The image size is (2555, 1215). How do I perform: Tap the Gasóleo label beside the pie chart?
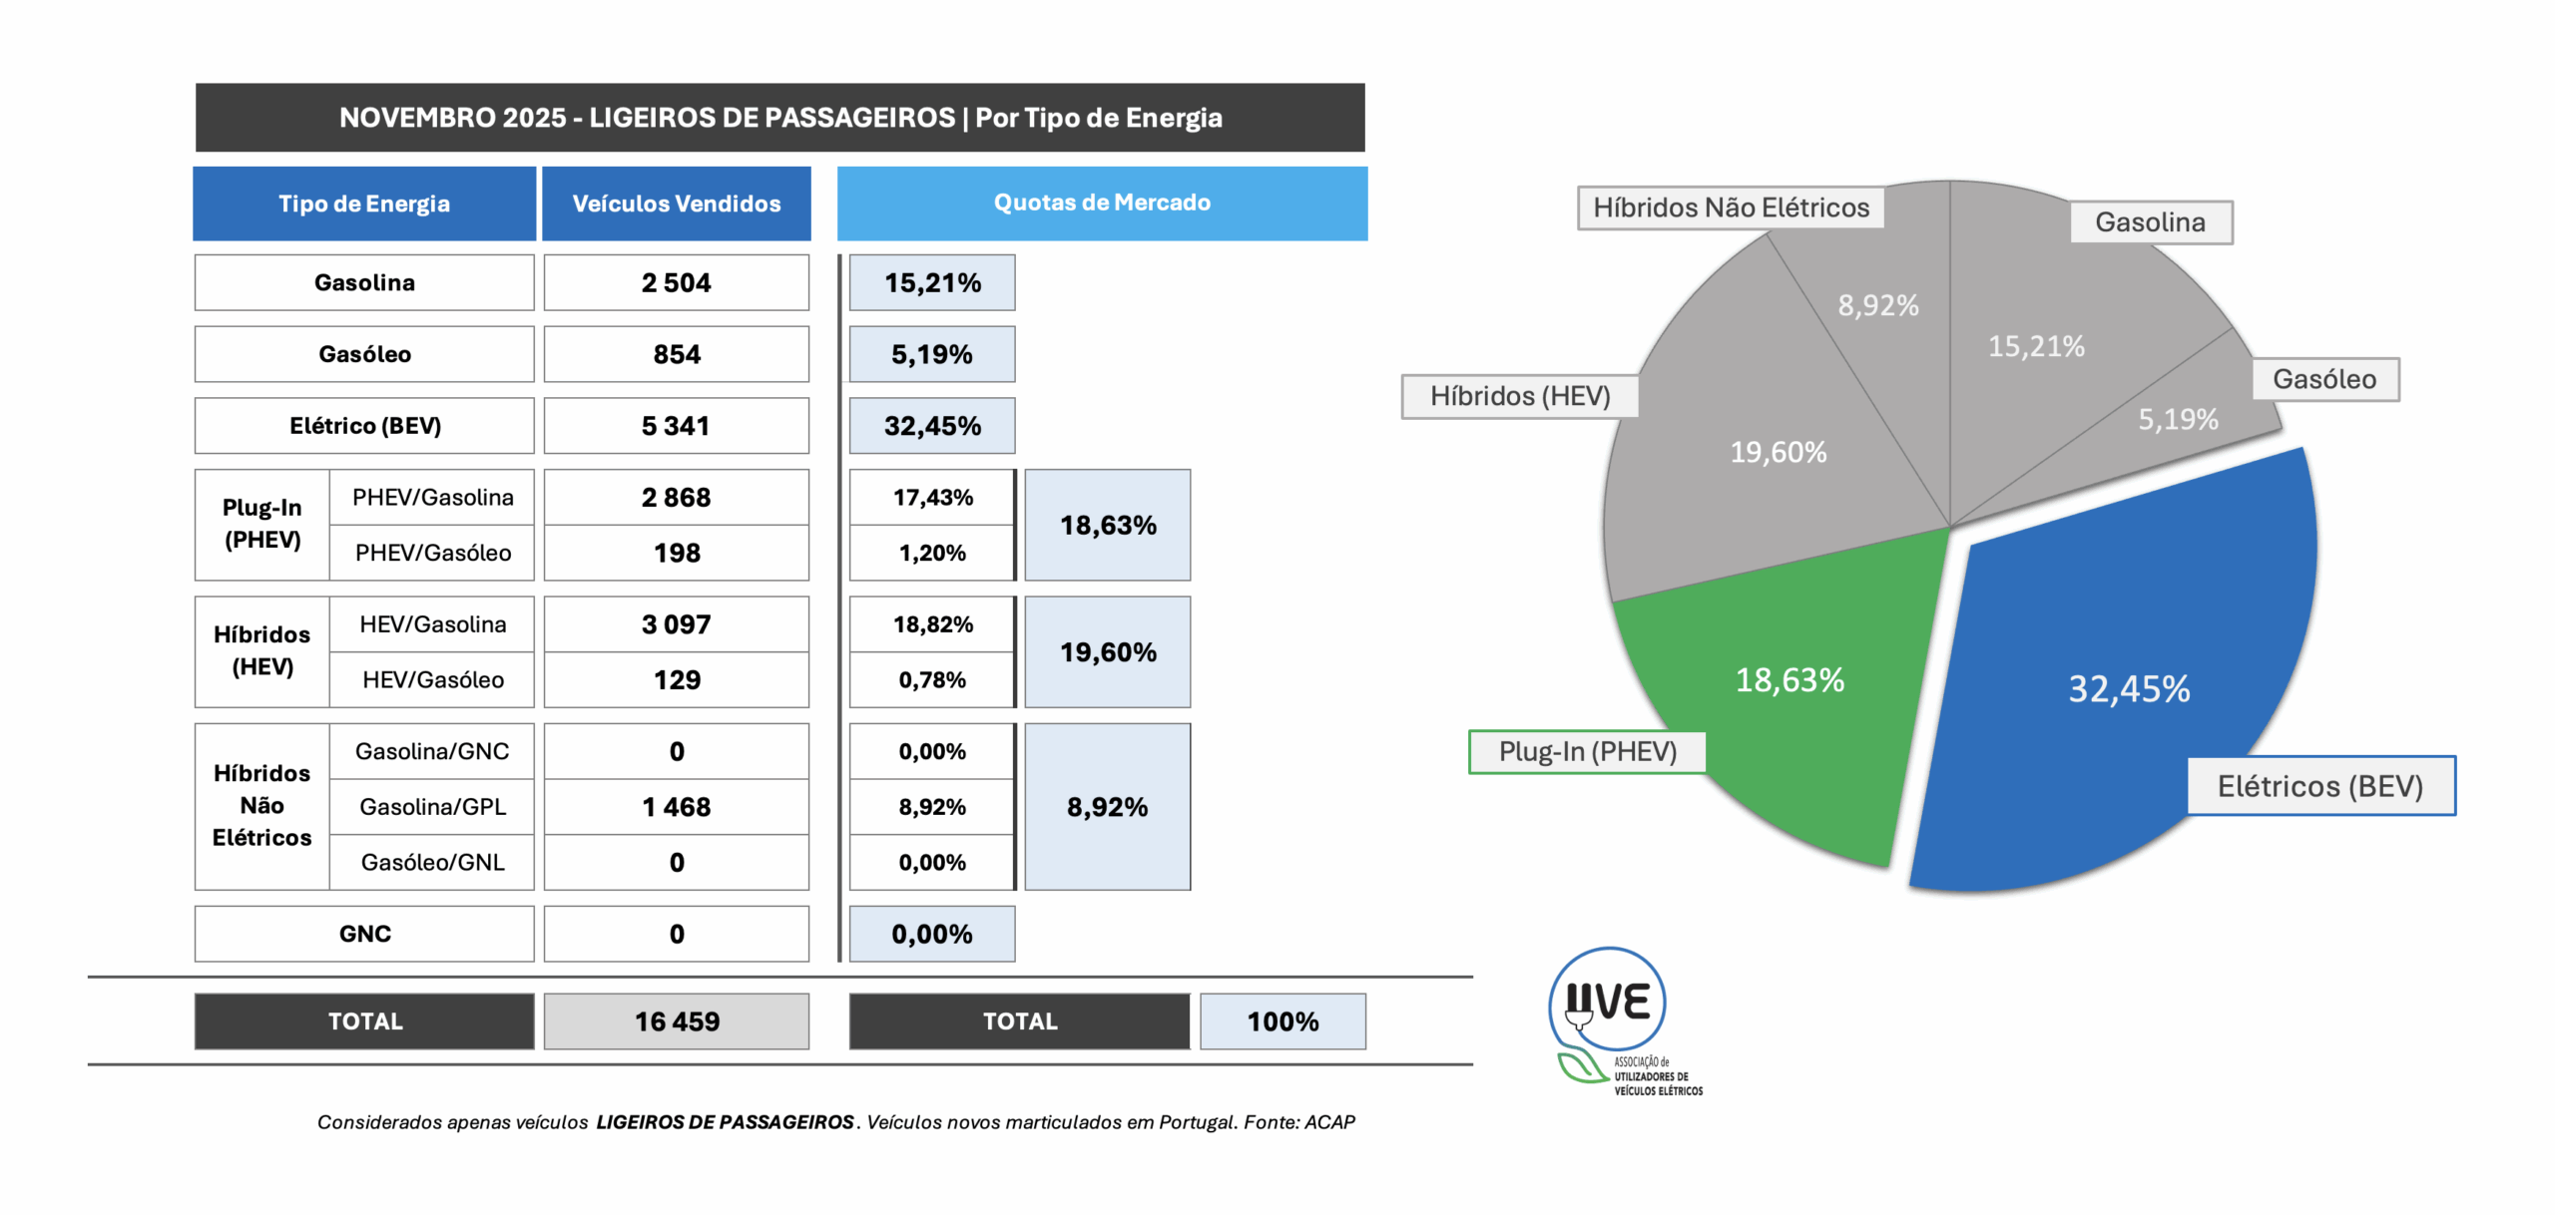pyautogui.click(x=2324, y=379)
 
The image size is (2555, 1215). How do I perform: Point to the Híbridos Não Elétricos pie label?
pyautogui.click(x=1731, y=207)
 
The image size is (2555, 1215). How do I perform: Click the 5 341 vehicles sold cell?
pyautogui.click(x=676, y=426)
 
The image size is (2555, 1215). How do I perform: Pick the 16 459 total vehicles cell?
pyautogui.click(x=676, y=1020)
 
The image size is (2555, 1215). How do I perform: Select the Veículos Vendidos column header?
pyautogui.click(x=676, y=203)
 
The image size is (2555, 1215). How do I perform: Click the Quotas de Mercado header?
pyautogui.click(x=1102, y=202)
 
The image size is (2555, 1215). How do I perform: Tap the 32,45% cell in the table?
pyautogui.click(x=932, y=426)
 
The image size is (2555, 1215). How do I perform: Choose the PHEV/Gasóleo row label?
pyautogui.click(x=432, y=553)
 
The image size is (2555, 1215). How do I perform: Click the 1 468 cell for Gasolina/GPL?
pyautogui.click(x=676, y=807)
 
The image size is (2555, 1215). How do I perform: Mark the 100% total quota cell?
pyautogui.click(x=1282, y=1020)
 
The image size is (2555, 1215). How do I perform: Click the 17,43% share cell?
pyautogui.click(x=932, y=497)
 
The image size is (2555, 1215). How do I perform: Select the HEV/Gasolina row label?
pyautogui.click(x=432, y=624)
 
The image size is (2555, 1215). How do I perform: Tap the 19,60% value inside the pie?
pyautogui.click(x=1778, y=452)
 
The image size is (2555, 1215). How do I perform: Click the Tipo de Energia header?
pyautogui.click(x=364, y=203)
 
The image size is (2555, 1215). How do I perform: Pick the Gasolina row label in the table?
pyautogui.click(x=364, y=282)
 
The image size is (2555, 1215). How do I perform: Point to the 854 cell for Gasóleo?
pyautogui.click(x=676, y=354)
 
